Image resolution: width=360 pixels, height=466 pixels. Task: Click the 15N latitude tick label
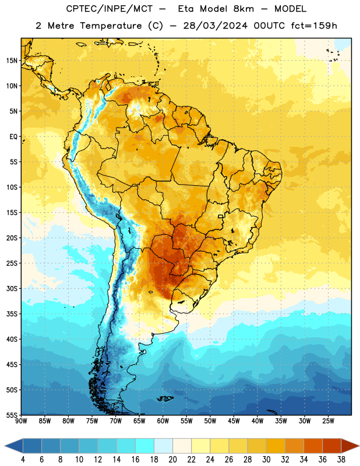[12, 61]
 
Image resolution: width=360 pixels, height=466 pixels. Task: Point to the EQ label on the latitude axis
[13, 137]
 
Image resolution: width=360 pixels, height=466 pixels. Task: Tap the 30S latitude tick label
[12, 288]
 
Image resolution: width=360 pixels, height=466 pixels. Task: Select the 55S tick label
[12, 415]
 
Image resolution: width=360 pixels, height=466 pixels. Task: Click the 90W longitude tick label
[21, 421]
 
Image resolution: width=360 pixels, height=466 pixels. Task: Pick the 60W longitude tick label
[163, 421]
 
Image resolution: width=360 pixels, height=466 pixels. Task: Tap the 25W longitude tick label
[328, 421]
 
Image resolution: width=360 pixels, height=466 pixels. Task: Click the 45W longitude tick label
[234, 421]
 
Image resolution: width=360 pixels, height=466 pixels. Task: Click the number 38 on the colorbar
[341, 460]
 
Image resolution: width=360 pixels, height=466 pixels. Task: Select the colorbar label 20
[172, 460]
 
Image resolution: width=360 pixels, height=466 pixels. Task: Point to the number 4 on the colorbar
[23, 460]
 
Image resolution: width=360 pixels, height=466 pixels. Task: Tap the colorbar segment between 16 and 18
[145, 446]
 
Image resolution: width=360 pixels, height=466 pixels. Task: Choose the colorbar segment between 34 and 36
[313, 446]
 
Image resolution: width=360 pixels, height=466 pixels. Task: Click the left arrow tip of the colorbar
[5, 446]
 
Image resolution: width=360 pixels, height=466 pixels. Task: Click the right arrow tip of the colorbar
[359, 446]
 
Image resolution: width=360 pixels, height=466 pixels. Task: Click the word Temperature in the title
[111, 26]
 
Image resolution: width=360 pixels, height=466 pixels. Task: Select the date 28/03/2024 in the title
[215, 26]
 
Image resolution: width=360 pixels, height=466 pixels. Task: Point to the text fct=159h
[314, 26]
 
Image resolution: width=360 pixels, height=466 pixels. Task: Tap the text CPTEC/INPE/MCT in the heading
[109, 9]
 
